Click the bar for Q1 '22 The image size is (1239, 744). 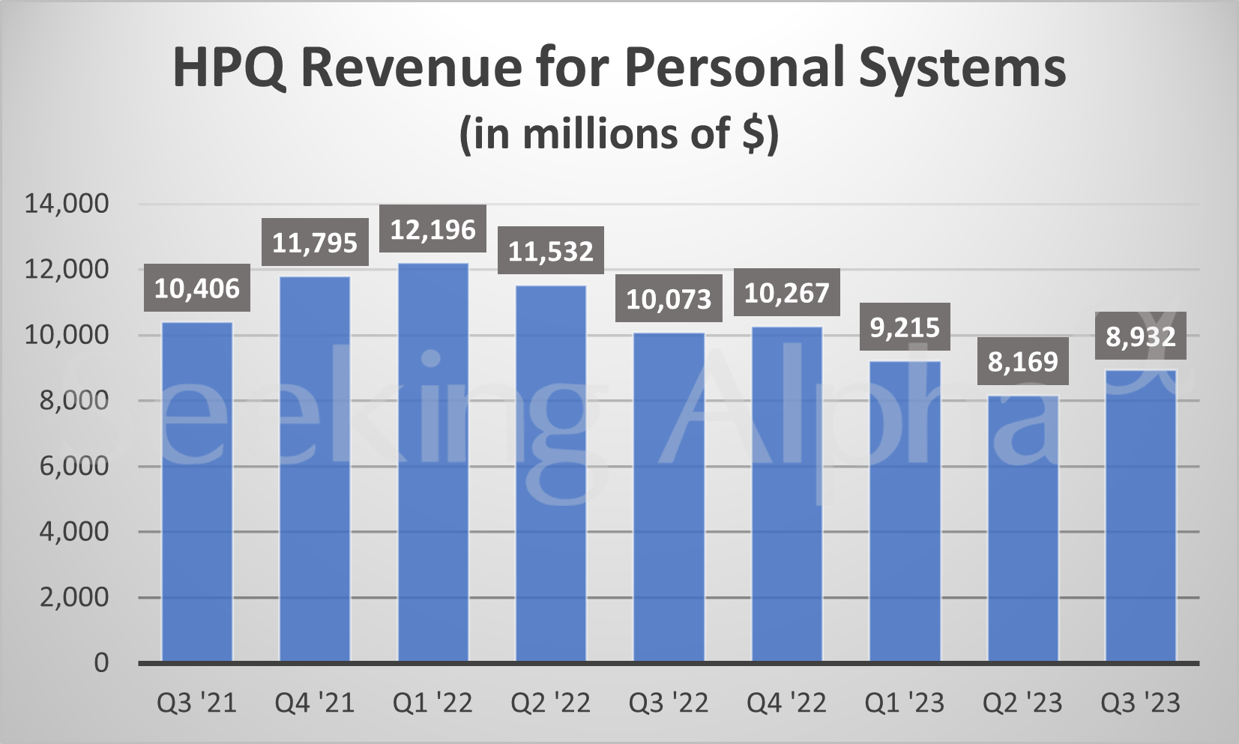(433, 462)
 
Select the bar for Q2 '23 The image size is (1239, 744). (1023, 528)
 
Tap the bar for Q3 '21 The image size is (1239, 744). (197, 492)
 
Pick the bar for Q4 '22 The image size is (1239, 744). (787, 494)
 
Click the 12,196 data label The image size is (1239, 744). (433, 229)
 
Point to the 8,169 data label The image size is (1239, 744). (1023, 362)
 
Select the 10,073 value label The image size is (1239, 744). (669, 299)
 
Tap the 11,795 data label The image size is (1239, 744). (315, 243)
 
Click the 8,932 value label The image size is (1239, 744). (1141, 336)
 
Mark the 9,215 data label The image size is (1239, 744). (905, 327)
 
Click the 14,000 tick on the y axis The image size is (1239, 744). (67, 203)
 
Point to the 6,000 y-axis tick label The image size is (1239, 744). (73, 466)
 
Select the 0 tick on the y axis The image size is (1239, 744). (101, 663)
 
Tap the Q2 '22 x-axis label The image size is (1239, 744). (551, 703)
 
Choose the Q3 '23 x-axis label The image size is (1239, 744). (1141, 703)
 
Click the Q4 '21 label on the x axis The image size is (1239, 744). (315, 703)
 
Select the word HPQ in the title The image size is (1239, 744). (229, 67)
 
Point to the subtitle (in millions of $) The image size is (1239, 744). (619, 134)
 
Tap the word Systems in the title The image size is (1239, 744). (962, 67)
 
